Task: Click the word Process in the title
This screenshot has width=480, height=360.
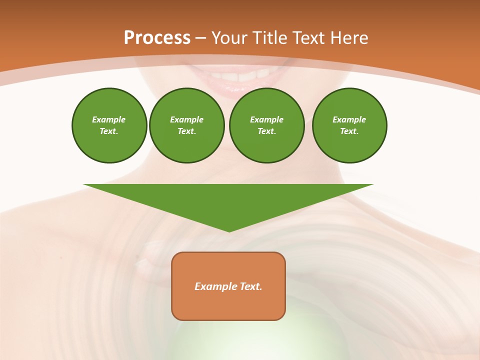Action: [x=157, y=37]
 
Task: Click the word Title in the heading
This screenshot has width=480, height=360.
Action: [x=269, y=37]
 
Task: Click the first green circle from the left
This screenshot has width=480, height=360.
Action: [x=109, y=125]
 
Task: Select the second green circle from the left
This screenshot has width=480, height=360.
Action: [x=187, y=125]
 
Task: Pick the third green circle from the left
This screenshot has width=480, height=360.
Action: [x=267, y=125]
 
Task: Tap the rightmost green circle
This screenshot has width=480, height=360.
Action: [x=349, y=125]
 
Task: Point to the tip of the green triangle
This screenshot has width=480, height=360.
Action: [x=229, y=231]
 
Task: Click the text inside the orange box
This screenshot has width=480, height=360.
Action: [x=228, y=286]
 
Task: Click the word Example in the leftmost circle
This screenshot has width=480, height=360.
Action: [x=109, y=119]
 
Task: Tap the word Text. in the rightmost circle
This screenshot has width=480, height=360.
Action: [x=349, y=131]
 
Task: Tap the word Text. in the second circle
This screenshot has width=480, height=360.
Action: [x=187, y=131]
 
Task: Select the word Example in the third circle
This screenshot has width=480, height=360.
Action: [x=267, y=119]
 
